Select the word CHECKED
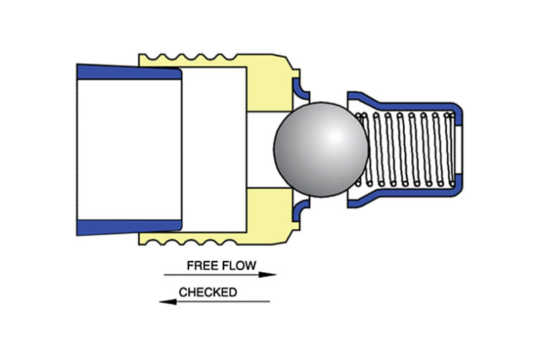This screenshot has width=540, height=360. click(x=207, y=292)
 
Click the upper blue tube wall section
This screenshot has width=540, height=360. click(x=127, y=71)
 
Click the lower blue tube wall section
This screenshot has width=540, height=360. click(x=127, y=227)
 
